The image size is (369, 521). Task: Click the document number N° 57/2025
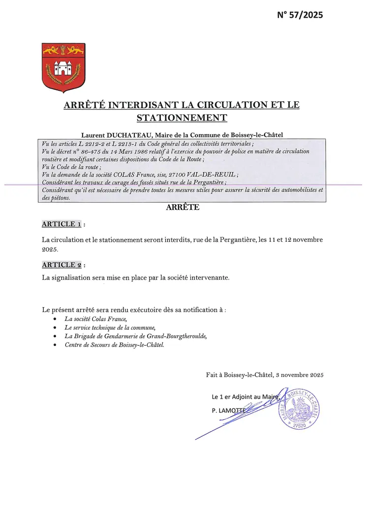click(x=300, y=15)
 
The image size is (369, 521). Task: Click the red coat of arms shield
click(x=63, y=67)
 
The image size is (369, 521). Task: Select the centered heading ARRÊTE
click(x=182, y=207)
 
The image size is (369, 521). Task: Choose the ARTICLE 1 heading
click(x=61, y=224)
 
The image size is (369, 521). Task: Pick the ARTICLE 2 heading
click(x=61, y=265)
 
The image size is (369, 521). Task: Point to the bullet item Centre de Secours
click(x=114, y=345)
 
